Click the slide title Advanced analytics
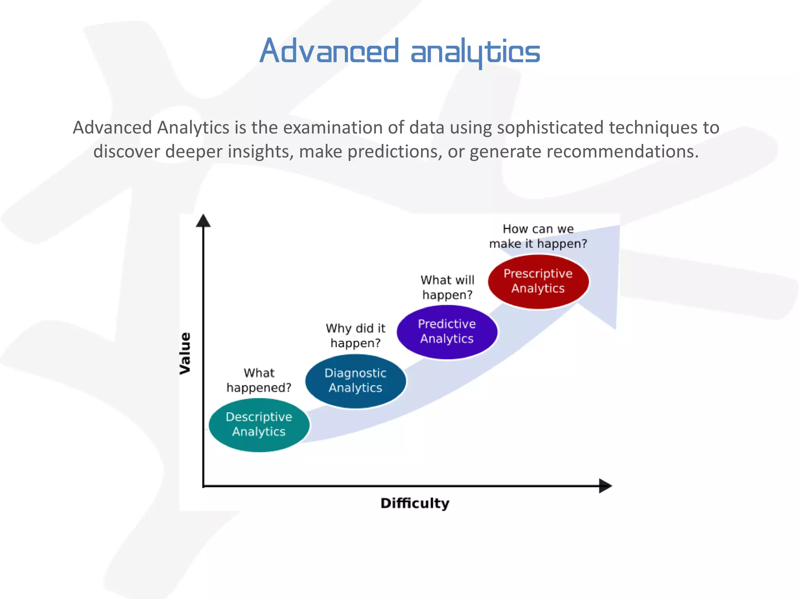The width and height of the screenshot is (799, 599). [x=399, y=51]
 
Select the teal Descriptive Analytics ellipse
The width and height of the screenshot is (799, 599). [x=259, y=425]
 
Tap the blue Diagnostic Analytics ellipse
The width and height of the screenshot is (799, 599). [x=355, y=381]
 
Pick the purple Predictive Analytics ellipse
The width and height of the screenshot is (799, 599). [x=447, y=332]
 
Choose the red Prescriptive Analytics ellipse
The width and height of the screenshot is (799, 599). [x=538, y=282]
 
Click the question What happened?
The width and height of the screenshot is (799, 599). [x=259, y=380]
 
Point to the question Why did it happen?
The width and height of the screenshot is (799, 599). [x=355, y=335]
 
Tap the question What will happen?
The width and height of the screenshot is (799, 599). [x=447, y=287]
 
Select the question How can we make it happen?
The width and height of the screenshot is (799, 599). [x=538, y=236]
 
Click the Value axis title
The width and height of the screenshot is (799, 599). [x=185, y=353]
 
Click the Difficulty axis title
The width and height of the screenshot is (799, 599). [x=415, y=503]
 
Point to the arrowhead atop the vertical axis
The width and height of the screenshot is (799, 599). [x=203, y=221]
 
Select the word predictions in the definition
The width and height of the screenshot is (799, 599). [x=394, y=152]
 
